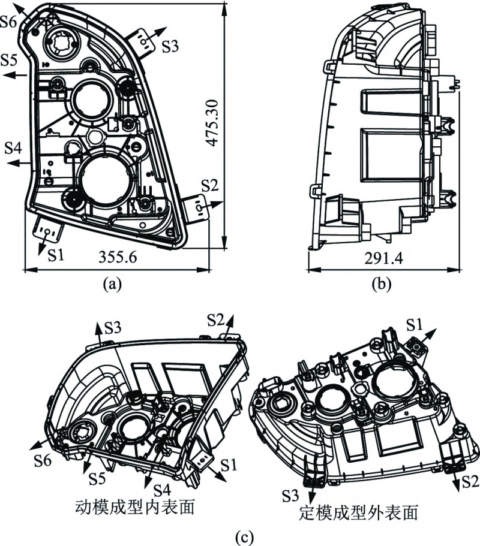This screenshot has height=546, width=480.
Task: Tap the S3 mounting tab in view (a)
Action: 142,40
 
